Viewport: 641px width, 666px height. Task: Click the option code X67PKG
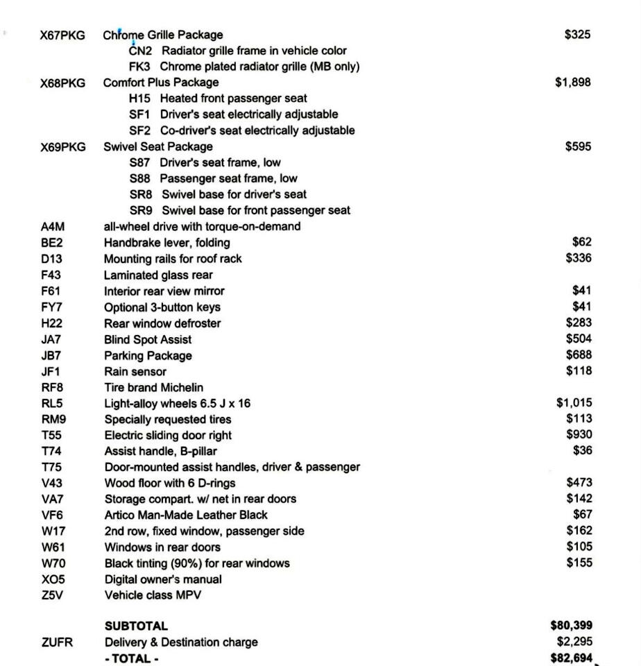62,35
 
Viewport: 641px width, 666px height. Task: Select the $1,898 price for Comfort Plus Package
573,83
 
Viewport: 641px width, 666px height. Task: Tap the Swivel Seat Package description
158,146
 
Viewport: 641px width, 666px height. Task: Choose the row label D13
51,259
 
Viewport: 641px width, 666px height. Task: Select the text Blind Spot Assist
148,339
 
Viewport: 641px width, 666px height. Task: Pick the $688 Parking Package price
579,355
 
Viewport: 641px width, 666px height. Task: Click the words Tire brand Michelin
154,387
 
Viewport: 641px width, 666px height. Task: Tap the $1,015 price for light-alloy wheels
574,403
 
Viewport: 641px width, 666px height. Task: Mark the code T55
51,435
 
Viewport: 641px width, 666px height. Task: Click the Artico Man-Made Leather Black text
186,515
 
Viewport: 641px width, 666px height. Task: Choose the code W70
53,563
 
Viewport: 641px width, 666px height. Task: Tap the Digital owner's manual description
163,579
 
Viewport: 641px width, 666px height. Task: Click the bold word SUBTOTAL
136,626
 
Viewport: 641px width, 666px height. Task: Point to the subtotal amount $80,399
571,626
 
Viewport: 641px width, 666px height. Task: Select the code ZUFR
55,642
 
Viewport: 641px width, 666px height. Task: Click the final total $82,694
571,658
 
